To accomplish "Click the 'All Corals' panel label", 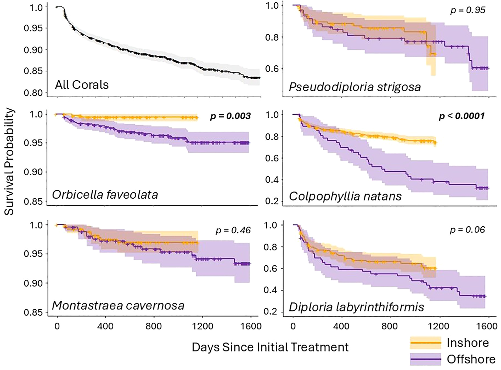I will click(x=82, y=85).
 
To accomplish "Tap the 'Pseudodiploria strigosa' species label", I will click(x=355, y=87).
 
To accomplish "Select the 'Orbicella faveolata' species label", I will click(x=105, y=195).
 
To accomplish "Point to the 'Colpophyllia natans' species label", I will click(x=345, y=196).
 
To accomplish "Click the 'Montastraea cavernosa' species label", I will click(x=118, y=306).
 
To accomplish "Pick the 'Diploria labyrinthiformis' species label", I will click(x=356, y=307).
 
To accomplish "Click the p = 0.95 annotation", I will click(x=468, y=10).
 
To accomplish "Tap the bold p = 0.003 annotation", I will click(x=230, y=116).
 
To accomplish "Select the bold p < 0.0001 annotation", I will click(x=461, y=116).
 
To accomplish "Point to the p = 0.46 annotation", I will click(x=233, y=230).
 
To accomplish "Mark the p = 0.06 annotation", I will click(x=467, y=230).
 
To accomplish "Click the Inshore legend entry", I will click(x=468, y=343).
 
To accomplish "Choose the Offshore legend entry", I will click(x=471, y=359).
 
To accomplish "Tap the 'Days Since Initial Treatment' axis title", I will click(x=270, y=347).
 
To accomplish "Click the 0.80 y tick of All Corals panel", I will click(x=33, y=93).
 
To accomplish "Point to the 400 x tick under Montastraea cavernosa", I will click(x=105, y=326).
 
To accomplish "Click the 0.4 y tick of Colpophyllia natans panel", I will click(x=272, y=180).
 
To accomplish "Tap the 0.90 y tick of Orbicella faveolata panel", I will click(x=33, y=172).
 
